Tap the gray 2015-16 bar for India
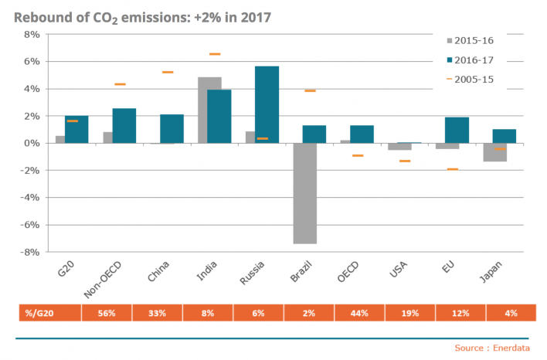209,110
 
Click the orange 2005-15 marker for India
215,54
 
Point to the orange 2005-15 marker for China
167,72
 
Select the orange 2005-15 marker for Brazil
310,91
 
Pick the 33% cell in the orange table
158,313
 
